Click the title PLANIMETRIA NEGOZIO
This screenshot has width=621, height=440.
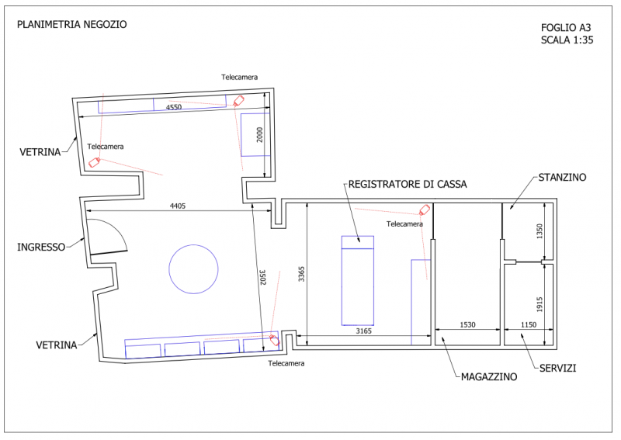(71, 24)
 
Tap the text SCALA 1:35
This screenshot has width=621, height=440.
(567, 41)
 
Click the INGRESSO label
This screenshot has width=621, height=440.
(41, 248)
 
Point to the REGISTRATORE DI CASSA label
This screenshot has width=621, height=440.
(408, 184)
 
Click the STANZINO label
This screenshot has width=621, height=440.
(562, 178)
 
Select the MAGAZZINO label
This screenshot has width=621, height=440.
(489, 377)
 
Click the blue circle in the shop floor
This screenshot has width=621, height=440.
(193, 269)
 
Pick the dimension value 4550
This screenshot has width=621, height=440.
(174, 108)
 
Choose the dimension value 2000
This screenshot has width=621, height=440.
(261, 135)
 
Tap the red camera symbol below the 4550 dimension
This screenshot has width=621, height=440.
(240, 100)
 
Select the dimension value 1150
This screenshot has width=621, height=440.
(529, 324)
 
